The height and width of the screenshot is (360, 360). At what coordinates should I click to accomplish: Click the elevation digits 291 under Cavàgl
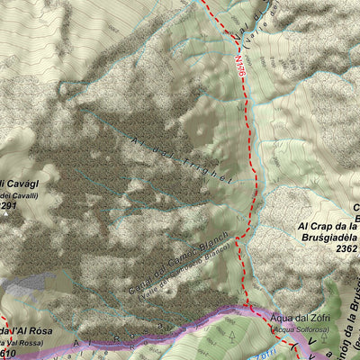tap(9, 207)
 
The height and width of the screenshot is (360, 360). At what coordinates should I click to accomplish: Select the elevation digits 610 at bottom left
tap(8, 354)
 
